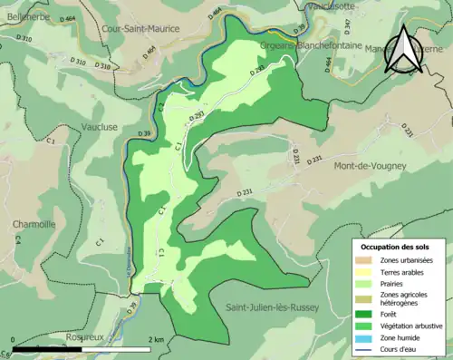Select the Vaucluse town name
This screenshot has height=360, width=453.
click(x=99, y=127)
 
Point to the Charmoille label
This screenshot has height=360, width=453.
click(x=34, y=224)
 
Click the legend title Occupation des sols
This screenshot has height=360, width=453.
click(x=398, y=246)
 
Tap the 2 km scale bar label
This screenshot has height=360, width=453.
click(x=158, y=340)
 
